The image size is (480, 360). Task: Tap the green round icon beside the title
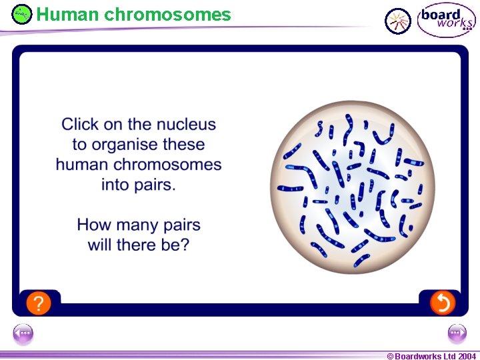(22, 13)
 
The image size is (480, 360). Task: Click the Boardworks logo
(446, 21)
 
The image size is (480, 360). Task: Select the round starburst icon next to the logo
(399, 21)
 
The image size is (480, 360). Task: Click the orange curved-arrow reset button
(442, 303)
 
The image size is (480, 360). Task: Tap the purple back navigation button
(23, 333)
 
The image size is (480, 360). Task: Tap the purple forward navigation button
(457, 333)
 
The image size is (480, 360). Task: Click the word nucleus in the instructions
(186, 124)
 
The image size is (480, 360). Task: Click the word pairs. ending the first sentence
(155, 185)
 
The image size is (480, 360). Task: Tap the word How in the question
(93, 225)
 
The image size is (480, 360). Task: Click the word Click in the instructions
(79, 124)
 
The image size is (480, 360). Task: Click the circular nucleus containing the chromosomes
(352, 186)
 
